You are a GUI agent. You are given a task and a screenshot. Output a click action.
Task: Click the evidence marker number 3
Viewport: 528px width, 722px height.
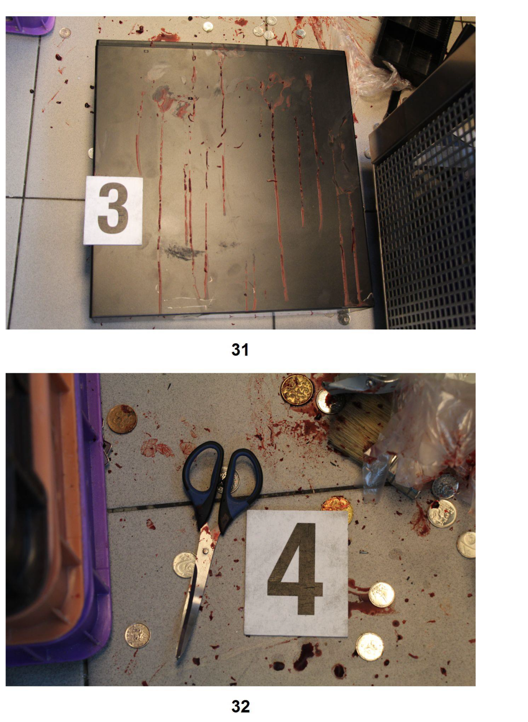click(113, 210)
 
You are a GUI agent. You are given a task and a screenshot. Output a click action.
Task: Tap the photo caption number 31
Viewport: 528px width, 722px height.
click(240, 350)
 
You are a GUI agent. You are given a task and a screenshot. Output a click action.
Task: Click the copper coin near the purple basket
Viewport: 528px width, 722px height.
click(122, 419)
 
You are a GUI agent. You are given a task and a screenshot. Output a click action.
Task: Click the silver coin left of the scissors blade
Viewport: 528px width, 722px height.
click(185, 565)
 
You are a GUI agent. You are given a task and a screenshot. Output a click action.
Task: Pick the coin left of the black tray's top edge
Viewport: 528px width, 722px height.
click(65, 32)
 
